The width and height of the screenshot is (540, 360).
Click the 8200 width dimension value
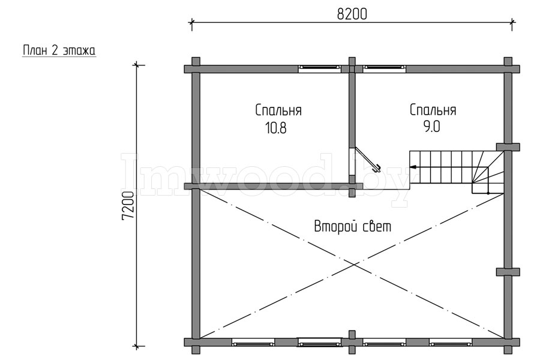(x=352, y=14)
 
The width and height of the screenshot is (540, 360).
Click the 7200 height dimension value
(x=128, y=205)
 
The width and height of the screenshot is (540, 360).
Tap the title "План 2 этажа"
(x=59, y=50)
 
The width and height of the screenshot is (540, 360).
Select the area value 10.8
(x=275, y=128)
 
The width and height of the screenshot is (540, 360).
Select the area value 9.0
(x=431, y=127)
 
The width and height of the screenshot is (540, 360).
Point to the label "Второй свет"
(x=353, y=227)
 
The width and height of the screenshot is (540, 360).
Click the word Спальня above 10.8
(x=278, y=110)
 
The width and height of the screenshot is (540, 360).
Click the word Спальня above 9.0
(x=433, y=110)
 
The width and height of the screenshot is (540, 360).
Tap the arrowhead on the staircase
(x=413, y=167)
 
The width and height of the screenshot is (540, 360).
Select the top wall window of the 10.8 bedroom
(x=319, y=68)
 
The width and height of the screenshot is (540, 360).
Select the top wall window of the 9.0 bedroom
(x=385, y=68)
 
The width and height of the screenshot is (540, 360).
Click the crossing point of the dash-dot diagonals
(x=353, y=264)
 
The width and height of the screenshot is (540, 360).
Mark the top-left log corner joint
(x=195, y=68)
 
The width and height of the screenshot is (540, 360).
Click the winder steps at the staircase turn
(x=488, y=172)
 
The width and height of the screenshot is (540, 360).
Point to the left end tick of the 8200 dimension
(x=191, y=22)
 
